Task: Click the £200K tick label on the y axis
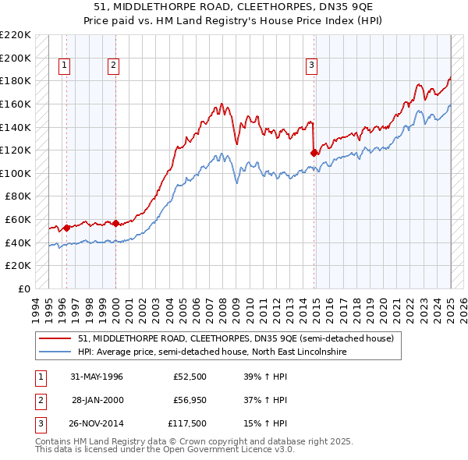(x=16, y=58)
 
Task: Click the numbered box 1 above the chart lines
(x=63, y=66)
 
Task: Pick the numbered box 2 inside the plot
(x=113, y=66)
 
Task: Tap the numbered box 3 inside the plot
(x=311, y=66)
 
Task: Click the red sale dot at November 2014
(x=314, y=153)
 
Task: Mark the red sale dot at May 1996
(x=67, y=228)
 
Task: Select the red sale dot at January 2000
(x=115, y=223)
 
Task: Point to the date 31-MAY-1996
(x=97, y=377)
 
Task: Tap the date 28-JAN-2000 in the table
(x=97, y=399)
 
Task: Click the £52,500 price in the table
(x=190, y=377)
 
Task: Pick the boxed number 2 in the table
(x=40, y=399)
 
